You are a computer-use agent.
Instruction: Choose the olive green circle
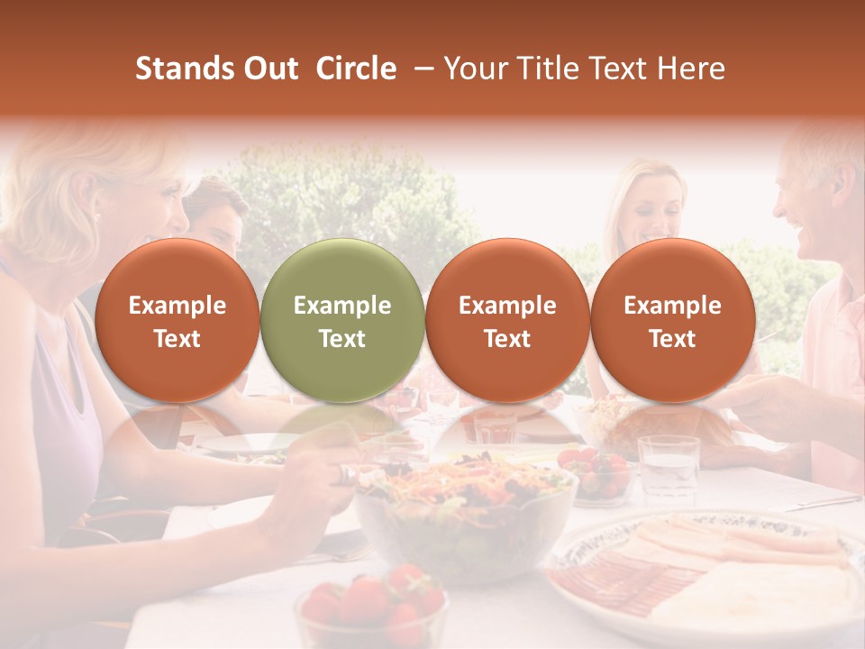point(341,321)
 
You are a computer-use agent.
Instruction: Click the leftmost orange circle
point(177,321)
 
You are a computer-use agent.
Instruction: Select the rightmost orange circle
point(672,321)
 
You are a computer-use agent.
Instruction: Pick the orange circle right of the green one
point(507,321)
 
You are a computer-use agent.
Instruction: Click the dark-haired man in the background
point(219,216)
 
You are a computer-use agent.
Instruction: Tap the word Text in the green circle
point(341,339)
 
